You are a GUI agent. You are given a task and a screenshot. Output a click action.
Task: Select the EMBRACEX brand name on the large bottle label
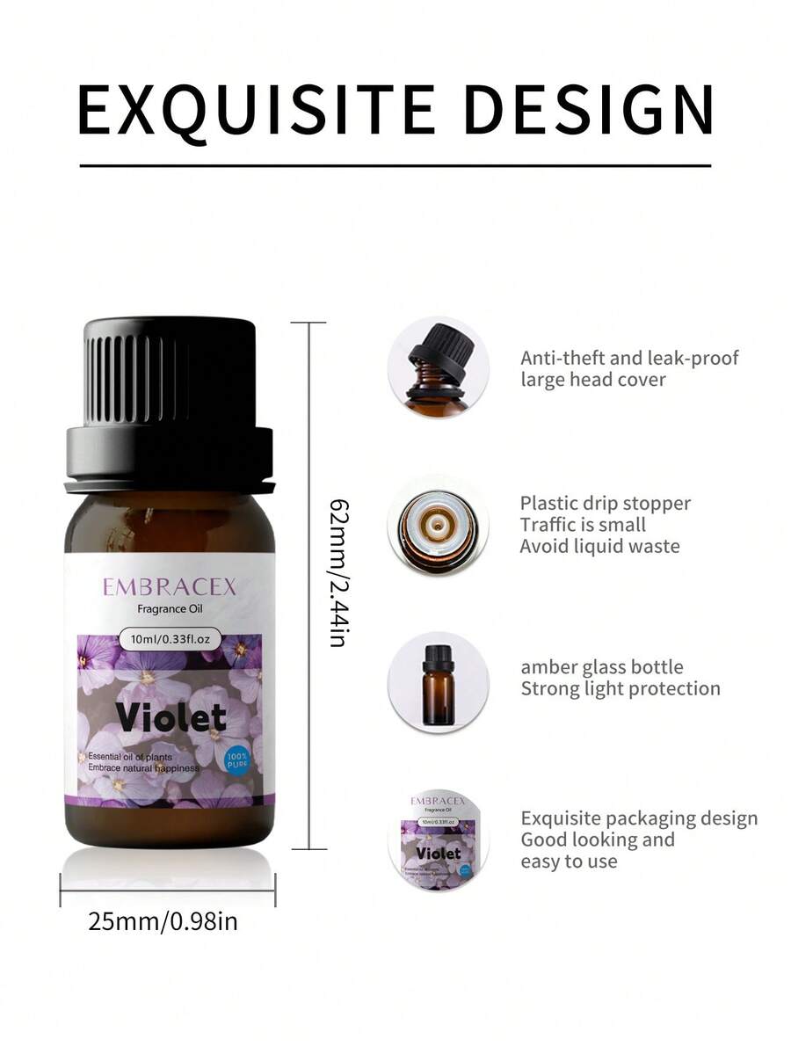pyautogui.click(x=170, y=587)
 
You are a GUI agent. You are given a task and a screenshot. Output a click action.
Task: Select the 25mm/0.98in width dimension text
pyautogui.click(x=163, y=921)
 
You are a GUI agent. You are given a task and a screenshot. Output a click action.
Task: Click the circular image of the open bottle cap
pyautogui.click(x=438, y=367)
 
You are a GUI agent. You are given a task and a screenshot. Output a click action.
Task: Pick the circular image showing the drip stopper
pyautogui.click(x=438, y=526)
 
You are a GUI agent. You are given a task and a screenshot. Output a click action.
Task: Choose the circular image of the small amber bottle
pyautogui.click(x=438, y=682)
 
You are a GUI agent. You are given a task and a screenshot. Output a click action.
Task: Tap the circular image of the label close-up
pyautogui.click(x=438, y=840)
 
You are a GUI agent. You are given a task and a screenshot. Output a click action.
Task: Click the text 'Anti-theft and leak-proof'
pyautogui.click(x=629, y=358)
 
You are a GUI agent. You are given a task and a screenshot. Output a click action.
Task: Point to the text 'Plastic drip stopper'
pyautogui.click(x=606, y=504)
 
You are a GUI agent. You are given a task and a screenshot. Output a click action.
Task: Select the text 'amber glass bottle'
pyautogui.click(x=601, y=667)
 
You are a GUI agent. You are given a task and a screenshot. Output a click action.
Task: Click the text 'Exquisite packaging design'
pyautogui.click(x=639, y=818)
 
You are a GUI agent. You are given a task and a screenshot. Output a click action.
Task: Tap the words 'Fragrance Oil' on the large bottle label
pyautogui.click(x=170, y=609)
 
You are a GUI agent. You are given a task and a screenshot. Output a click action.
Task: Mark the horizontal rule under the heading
pyautogui.click(x=395, y=164)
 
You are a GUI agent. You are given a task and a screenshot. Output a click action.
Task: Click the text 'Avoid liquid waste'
pyautogui.click(x=599, y=546)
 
